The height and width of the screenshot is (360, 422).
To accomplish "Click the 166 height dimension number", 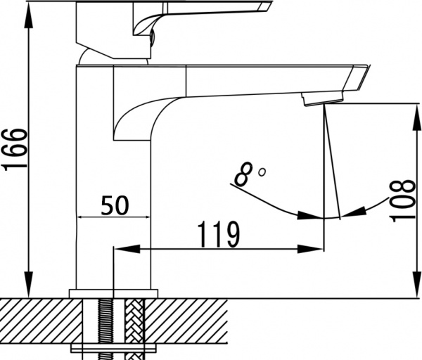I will (x=15, y=149).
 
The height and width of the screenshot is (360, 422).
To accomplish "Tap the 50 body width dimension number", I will (x=115, y=205).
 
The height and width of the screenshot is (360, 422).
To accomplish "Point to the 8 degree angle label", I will (x=243, y=174).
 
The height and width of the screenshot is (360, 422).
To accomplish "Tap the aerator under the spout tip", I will (x=314, y=99).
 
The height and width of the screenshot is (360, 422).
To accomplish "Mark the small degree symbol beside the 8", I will (x=262, y=171).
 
